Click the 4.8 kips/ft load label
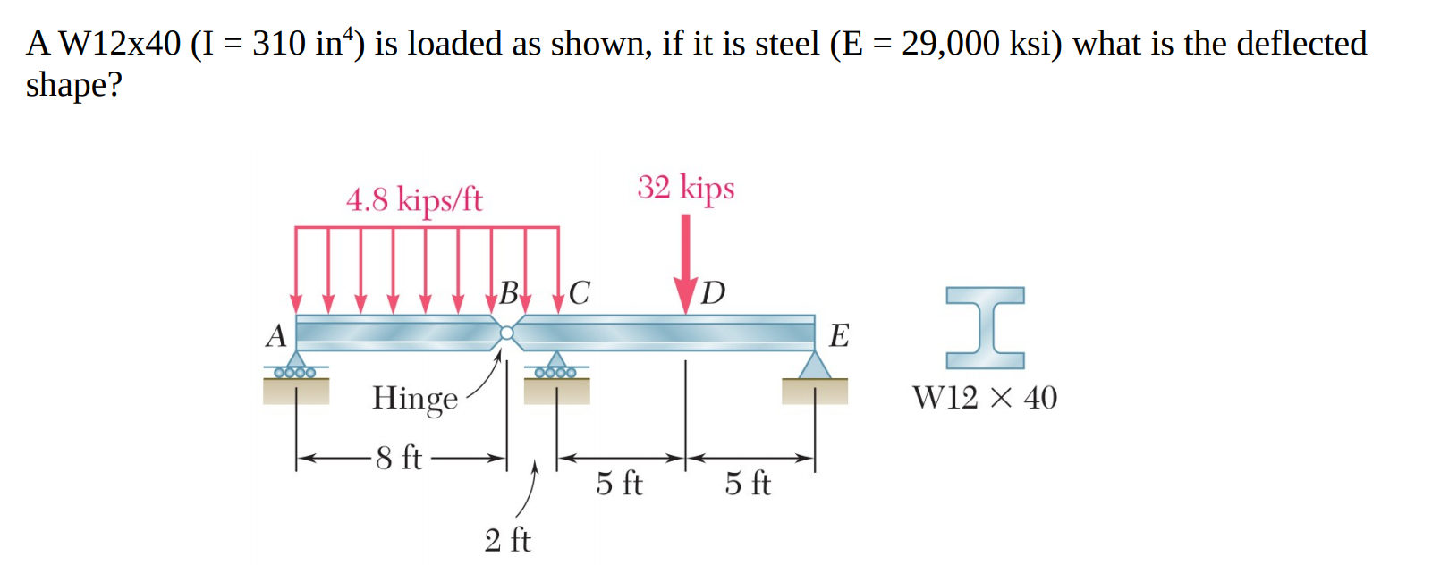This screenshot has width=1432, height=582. (x=414, y=198)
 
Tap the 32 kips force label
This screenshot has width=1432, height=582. (x=685, y=187)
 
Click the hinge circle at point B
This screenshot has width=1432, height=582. (x=507, y=333)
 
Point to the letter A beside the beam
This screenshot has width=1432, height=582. (x=275, y=335)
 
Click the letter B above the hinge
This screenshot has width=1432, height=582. (x=508, y=291)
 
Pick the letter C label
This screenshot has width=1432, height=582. (x=580, y=291)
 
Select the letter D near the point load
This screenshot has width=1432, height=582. (x=713, y=292)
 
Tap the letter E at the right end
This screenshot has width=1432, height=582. (x=839, y=335)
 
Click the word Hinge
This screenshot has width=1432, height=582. (x=414, y=398)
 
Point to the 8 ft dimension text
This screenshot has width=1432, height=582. (x=399, y=458)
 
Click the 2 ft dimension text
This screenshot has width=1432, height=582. (x=507, y=540)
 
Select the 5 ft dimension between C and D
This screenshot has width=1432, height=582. (x=619, y=484)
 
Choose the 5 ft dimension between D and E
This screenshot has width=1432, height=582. (x=748, y=484)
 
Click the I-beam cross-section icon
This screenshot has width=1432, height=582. (x=985, y=327)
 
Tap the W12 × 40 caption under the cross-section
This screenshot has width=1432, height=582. (x=984, y=398)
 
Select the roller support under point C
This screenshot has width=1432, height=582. (x=555, y=367)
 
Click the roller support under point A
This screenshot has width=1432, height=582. (x=295, y=367)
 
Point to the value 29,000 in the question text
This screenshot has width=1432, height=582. (x=950, y=43)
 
